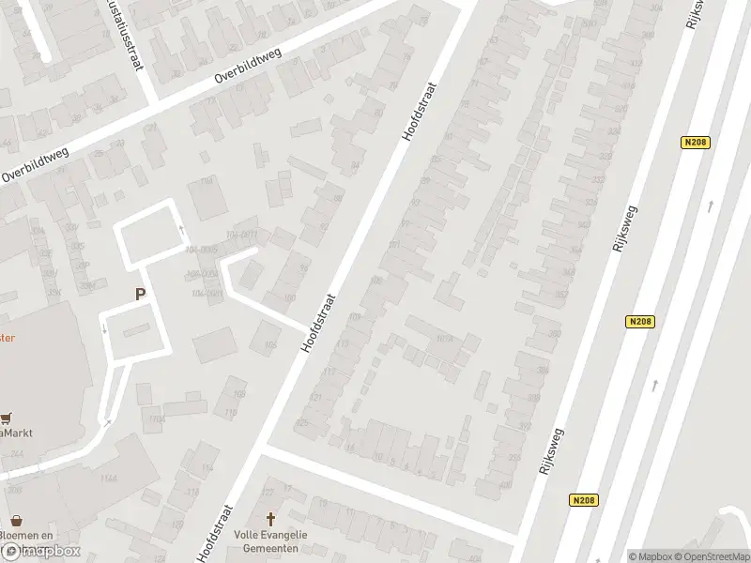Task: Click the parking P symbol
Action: pyautogui.click(x=140, y=294)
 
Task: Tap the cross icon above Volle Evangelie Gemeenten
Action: pyautogui.click(x=272, y=518)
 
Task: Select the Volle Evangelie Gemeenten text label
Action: pyautogui.click(x=272, y=540)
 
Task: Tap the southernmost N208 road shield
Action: pyautogui.click(x=582, y=500)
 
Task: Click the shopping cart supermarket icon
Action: pyautogui.click(x=8, y=419)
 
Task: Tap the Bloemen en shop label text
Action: pyautogui.click(x=24, y=536)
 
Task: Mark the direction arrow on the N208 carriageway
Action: pyautogui.click(x=654, y=384)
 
